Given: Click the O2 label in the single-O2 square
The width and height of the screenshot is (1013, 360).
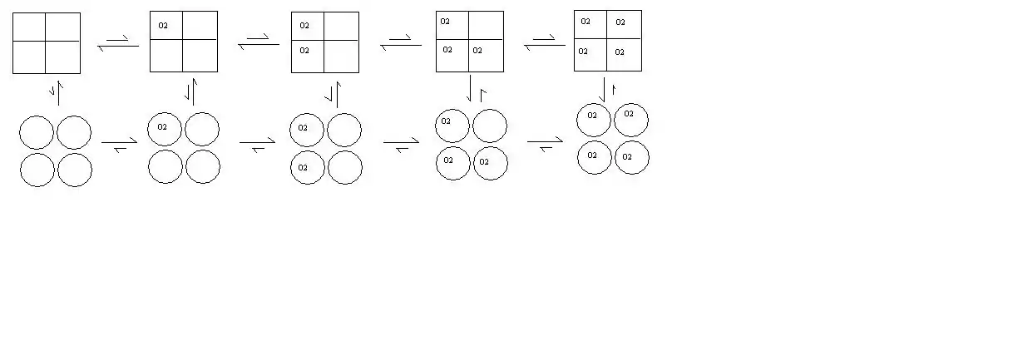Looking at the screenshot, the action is tap(163, 26).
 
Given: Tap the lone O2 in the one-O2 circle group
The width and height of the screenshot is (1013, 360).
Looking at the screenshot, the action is tap(162, 127).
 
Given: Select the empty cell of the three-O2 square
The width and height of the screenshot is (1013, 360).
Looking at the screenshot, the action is tap(487, 25).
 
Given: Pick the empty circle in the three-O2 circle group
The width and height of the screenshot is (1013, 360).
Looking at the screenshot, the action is tap(490, 126).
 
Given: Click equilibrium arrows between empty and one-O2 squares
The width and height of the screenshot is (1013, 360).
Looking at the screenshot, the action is tap(118, 43).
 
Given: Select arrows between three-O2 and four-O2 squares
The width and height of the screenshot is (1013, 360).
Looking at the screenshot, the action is tap(545, 42).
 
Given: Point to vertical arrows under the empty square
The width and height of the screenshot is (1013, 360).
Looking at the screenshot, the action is tap(57, 93).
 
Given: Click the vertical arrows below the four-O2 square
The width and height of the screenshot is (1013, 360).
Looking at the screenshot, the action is tap(607, 90).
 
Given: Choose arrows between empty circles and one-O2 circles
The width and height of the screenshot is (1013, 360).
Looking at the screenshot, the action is tap(120, 145).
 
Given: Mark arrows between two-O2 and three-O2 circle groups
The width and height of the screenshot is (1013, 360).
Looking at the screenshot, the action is tap(401, 145).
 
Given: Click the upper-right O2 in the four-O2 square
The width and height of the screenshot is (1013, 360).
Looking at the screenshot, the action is tap(620, 22).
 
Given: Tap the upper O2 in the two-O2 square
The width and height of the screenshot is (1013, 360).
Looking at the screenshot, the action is tap(304, 26).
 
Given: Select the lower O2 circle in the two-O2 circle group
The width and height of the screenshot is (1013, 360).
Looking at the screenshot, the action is tap(308, 167).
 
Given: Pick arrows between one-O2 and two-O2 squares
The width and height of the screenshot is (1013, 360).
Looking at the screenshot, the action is tap(259, 42).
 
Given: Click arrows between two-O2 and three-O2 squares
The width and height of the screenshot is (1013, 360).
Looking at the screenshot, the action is tap(401, 42).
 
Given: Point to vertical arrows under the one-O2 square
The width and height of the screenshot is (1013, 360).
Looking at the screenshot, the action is tap(192, 91).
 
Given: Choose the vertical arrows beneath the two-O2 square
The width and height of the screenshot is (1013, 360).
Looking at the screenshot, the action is tap(334, 95).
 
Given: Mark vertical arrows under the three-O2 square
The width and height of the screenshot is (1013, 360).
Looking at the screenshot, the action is tap(477, 88).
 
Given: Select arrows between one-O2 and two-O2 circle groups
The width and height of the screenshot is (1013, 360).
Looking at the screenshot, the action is tap(257, 145).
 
